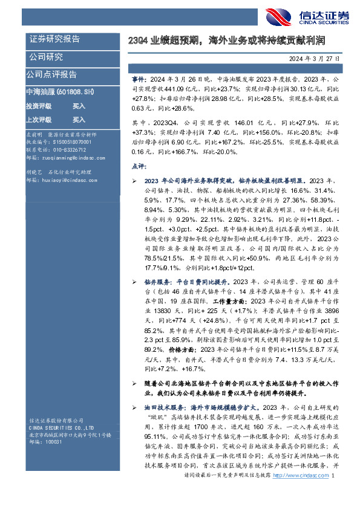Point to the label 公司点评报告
[51, 74]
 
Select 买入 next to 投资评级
[79, 105]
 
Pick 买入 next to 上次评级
[79, 120]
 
